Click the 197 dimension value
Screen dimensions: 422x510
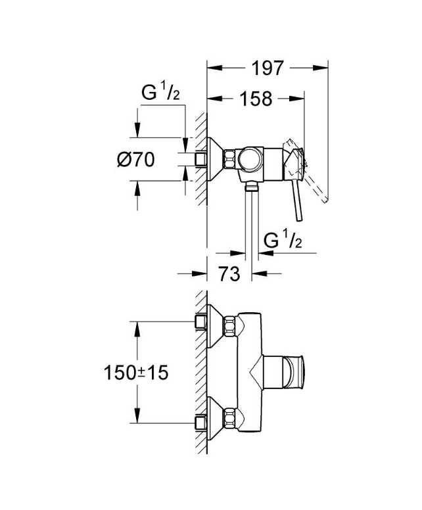tap(268, 68)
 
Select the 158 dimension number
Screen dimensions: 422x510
tap(256, 98)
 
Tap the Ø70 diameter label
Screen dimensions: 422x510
tap(136, 159)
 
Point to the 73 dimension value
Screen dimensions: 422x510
tap(229, 273)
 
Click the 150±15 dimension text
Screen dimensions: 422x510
tap(136, 373)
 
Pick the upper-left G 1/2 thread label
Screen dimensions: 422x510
tap(160, 93)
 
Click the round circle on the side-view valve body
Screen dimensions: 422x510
tap(250, 159)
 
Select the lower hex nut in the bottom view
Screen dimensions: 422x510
tap(229, 417)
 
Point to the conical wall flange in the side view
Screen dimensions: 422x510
tap(215, 159)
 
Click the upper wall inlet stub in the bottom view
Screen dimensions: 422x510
tap(200, 321)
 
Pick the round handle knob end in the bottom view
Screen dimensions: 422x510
tap(294, 372)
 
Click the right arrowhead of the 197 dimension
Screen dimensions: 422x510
tap(321, 68)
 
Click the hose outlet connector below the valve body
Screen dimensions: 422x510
tap(251, 186)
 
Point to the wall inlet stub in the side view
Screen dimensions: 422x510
tap(200, 159)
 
